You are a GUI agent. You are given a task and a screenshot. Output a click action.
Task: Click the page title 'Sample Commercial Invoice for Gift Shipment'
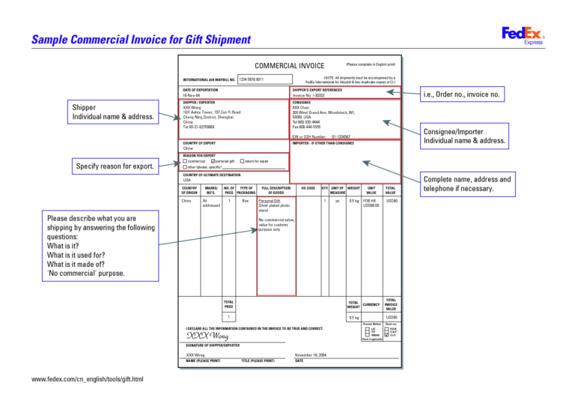pos(141,40)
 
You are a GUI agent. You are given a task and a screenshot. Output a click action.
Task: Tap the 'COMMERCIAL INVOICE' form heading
pos(290,66)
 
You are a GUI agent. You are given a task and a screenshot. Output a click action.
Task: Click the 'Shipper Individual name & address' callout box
pos(113,112)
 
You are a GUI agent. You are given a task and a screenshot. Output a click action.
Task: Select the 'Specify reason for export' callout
pos(114,166)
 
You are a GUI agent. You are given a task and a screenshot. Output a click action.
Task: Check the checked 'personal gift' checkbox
pos(214,161)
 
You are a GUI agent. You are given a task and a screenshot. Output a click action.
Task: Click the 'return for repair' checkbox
pos(241,161)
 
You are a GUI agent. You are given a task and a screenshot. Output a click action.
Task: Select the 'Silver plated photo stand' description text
pos(273,208)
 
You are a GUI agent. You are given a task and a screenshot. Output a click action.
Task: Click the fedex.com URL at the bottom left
pos(88,379)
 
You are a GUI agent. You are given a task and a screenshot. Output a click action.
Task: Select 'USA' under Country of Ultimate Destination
pos(187,180)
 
